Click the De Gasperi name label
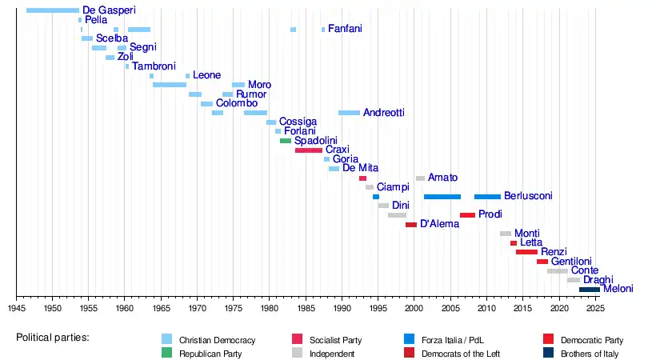tap(109, 10)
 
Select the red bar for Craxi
tap(309, 150)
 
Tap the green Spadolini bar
tap(286, 141)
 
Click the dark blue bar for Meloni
tap(590, 289)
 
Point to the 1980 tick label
tap(270, 307)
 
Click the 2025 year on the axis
tap(594, 307)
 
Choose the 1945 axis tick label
tap(17, 307)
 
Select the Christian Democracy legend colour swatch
tap(166, 339)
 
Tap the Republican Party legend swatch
tap(166, 353)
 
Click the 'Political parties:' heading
tap(53, 338)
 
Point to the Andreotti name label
tap(384, 113)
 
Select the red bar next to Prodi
tap(467, 214)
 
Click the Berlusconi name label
tap(528, 196)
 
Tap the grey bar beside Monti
tap(506, 234)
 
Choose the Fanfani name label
tap(345, 29)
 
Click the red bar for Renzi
tap(526, 252)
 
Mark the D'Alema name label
tap(439, 224)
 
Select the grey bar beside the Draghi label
tap(573, 280)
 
